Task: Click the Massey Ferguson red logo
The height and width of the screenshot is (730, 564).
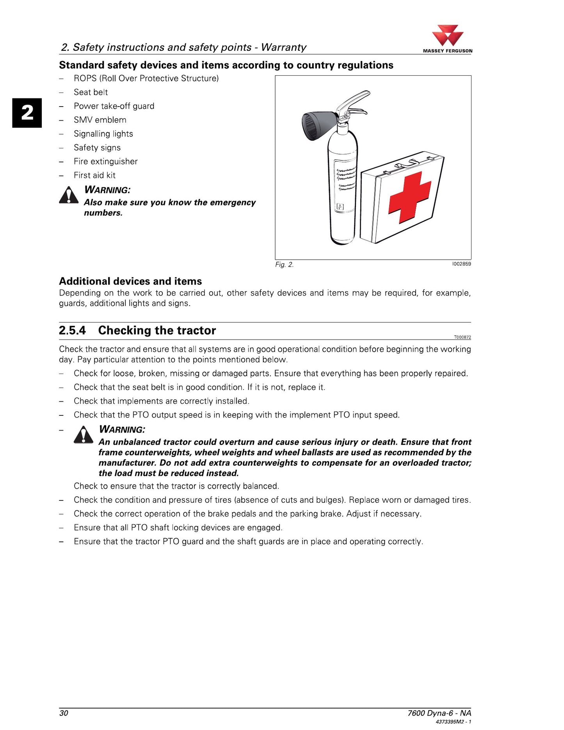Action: pyautogui.click(x=447, y=36)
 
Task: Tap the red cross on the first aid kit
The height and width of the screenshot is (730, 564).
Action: pyautogui.click(x=409, y=197)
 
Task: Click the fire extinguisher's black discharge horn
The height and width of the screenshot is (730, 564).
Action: pyautogui.click(x=318, y=125)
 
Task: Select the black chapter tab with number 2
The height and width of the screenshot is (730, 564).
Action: pyautogui.click(x=27, y=113)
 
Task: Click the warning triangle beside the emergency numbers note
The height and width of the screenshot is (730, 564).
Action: pyautogui.click(x=69, y=195)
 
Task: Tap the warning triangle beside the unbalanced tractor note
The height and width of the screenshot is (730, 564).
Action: pyautogui.click(x=84, y=434)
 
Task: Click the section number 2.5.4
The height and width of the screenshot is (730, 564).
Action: pyautogui.click(x=72, y=331)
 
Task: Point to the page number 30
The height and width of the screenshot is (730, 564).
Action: pyautogui.click(x=64, y=713)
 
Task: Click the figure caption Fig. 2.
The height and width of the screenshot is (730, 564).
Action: pyautogui.click(x=284, y=265)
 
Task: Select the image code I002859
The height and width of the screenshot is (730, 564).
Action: pyautogui.click(x=461, y=264)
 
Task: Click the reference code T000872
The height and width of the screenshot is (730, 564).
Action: pyautogui.click(x=463, y=337)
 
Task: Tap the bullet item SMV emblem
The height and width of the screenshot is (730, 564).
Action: pyautogui.click(x=100, y=120)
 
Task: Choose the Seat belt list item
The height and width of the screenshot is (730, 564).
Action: pyautogui.click(x=91, y=92)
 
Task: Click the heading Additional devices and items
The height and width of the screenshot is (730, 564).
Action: pyautogui.click(x=130, y=281)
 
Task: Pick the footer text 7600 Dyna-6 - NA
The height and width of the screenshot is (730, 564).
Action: pyautogui.click(x=439, y=713)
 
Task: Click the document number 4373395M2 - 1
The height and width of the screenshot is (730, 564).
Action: pyautogui.click(x=453, y=722)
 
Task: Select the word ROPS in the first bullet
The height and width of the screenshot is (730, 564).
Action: pyautogui.click(x=85, y=78)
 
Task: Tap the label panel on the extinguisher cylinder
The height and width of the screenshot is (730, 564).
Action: pyautogui.click(x=345, y=185)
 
